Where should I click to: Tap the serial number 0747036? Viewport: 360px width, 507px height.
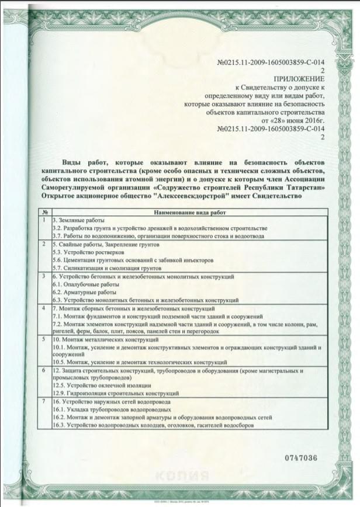pos(301,457)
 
